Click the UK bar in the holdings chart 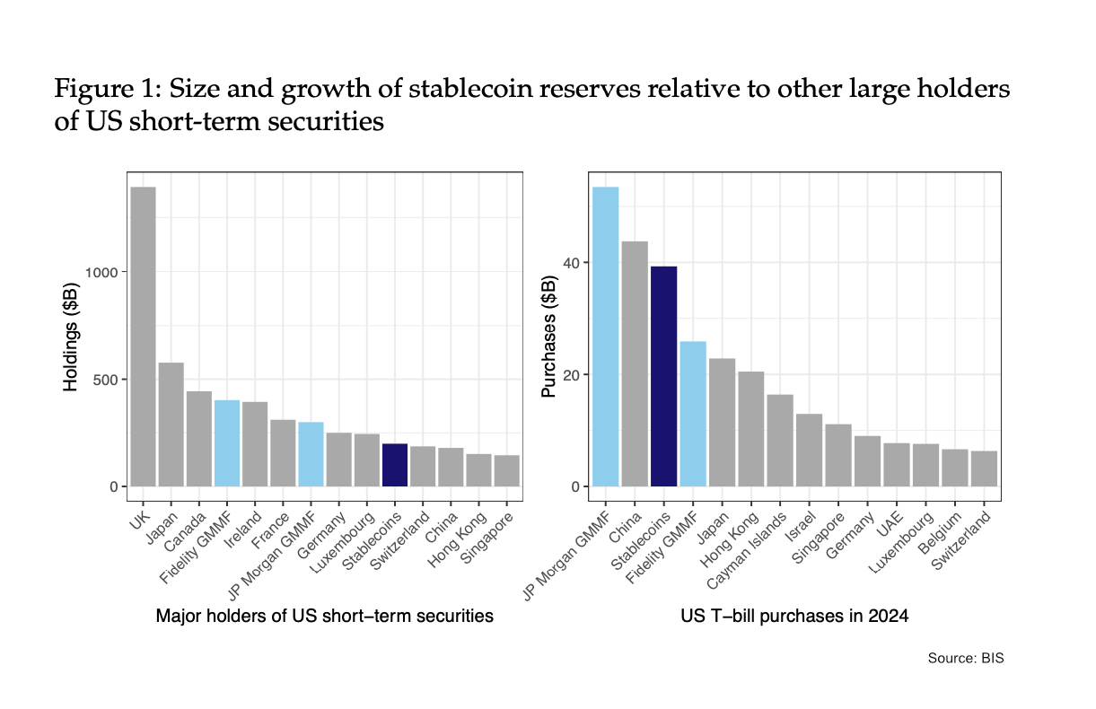tap(144, 337)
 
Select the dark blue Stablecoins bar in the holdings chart tap(395, 465)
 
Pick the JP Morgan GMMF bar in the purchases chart tap(606, 337)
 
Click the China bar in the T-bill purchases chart tap(635, 363)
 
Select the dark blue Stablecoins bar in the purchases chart tap(664, 376)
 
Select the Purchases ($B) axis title tap(548, 337)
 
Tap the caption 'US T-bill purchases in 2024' tap(794, 617)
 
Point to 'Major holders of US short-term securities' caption tap(324, 617)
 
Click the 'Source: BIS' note tap(966, 659)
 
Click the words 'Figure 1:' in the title tap(107, 90)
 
